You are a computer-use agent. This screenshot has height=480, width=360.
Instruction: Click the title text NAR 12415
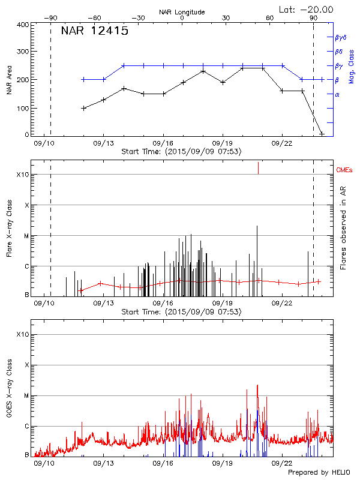[94, 31]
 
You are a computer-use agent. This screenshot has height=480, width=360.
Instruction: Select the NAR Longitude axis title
[182, 12]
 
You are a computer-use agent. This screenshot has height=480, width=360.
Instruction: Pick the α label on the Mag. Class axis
[337, 94]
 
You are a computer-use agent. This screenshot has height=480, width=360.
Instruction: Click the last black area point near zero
[322, 134]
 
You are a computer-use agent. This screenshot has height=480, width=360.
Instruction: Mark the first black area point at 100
[83, 108]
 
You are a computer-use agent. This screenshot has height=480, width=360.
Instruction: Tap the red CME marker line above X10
[258, 167]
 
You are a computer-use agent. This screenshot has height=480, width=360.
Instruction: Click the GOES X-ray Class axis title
[8, 393]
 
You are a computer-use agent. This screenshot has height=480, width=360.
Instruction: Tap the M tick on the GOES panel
[26, 396]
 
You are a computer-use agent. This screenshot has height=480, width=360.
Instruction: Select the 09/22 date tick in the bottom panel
[281, 464]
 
